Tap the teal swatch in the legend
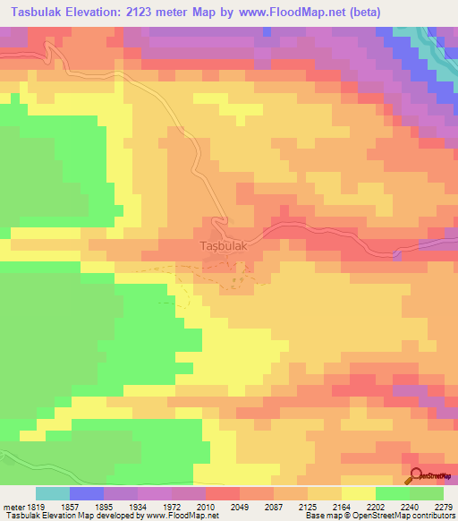(53, 493)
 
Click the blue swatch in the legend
(87, 493)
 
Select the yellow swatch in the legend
(358, 493)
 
